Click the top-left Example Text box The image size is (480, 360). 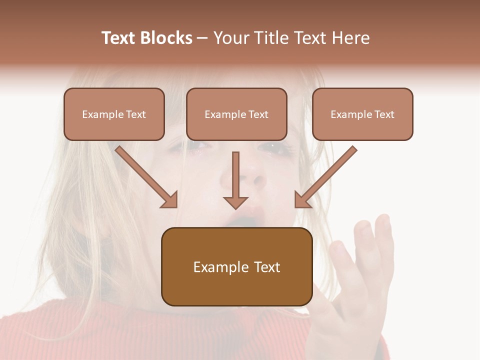114,114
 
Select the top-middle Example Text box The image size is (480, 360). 236,114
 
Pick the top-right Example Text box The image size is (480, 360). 362,114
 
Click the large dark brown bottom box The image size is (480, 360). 236,266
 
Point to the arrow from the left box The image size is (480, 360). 145,176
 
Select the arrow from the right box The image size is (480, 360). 327,176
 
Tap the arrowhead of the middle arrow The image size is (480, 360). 235,202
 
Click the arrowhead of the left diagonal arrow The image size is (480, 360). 170,200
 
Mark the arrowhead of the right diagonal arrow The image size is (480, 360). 302,200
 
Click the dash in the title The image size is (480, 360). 202,38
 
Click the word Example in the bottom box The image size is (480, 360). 214,267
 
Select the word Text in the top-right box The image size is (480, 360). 384,114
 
